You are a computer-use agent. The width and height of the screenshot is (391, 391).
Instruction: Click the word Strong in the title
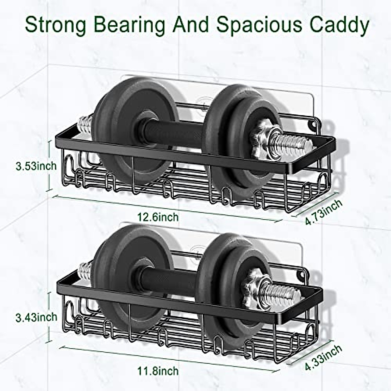(x=55, y=24)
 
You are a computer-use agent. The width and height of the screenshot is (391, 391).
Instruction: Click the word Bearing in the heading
(x=129, y=24)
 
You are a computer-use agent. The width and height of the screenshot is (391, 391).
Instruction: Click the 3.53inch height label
(x=36, y=166)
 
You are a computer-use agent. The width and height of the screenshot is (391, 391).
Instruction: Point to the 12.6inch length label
(x=158, y=217)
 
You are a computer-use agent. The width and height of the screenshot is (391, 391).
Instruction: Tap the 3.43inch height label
(x=36, y=317)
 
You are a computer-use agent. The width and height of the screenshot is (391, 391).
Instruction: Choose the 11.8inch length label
(x=158, y=370)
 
